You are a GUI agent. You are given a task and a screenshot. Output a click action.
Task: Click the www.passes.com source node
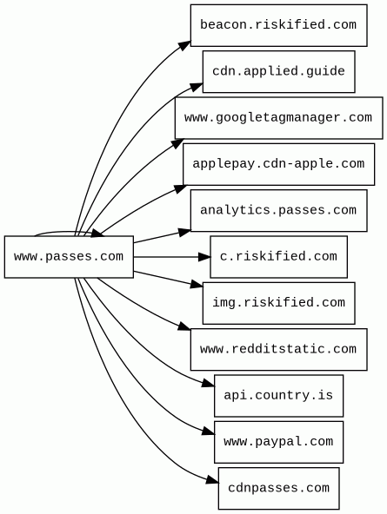pyautogui.click(x=69, y=257)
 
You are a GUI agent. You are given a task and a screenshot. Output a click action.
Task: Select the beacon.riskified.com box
pyautogui.click(x=278, y=25)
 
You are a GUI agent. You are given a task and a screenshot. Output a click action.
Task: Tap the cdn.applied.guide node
pyautogui.click(x=278, y=71)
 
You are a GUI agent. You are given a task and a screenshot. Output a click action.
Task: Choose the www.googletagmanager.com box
pyautogui.click(x=278, y=118)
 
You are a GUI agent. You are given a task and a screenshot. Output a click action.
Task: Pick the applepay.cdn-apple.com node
pyautogui.click(x=278, y=164)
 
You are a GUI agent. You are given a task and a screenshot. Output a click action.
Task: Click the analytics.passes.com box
pyautogui.click(x=278, y=210)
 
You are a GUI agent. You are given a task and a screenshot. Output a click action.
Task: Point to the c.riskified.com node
pyautogui.click(x=278, y=257)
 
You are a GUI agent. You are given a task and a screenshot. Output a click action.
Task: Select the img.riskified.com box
pyautogui.click(x=278, y=303)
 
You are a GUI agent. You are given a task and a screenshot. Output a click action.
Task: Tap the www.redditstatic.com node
pyautogui.click(x=278, y=349)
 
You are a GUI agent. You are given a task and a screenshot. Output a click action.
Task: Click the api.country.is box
pyautogui.click(x=278, y=396)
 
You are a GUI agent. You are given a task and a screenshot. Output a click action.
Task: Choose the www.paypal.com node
pyautogui.click(x=278, y=442)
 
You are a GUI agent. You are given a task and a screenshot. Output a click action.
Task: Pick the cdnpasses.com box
pyautogui.click(x=278, y=489)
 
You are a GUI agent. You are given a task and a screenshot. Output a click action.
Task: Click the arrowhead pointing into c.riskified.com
pyautogui.click(x=204, y=257)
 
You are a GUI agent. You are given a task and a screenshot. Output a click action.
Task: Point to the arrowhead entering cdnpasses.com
pyautogui.click(x=213, y=480)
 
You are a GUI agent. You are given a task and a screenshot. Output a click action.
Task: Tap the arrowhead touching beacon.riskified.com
pyautogui.click(x=184, y=45)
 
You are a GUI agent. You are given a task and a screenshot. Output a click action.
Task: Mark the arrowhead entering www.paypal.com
pyautogui.click(x=209, y=432)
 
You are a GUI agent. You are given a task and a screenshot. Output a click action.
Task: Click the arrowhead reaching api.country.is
pyautogui.click(x=209, y=383)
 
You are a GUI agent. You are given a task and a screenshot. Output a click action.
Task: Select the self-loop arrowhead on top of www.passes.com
pyautogui.click(x=97, y=234)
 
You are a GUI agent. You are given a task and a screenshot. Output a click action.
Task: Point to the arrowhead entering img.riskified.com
pyautogui.click(x=197, y=285)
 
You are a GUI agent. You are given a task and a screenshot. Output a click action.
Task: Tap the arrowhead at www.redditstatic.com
pyautogui.click(x=184, y=326)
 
